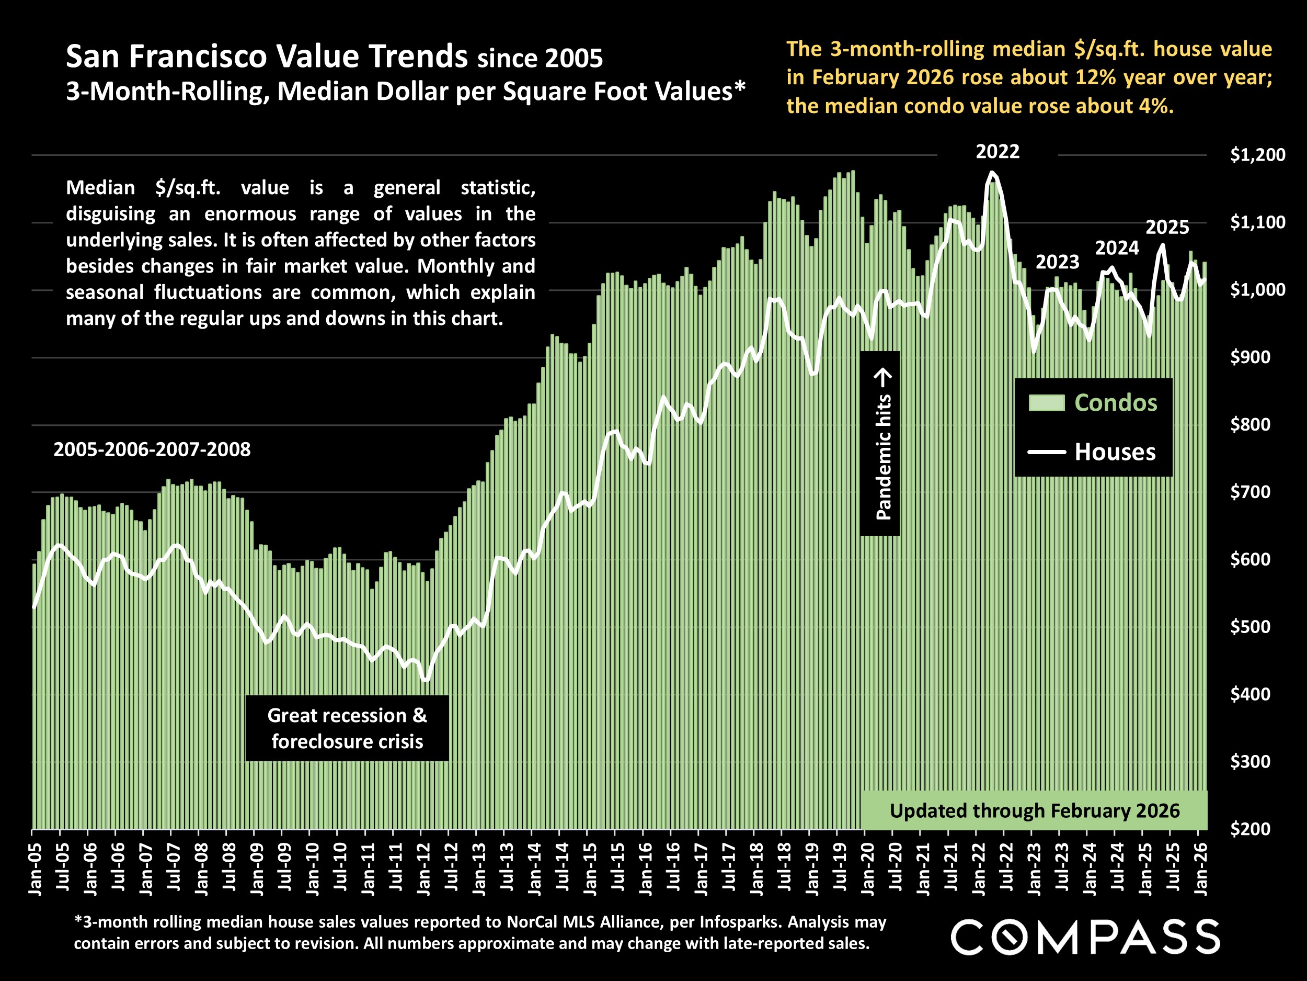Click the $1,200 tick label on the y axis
point(1257,155)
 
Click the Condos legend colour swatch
point(1047,403)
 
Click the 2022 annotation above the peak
point(998,152)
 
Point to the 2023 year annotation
point(1057,262)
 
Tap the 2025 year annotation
point(1167,228)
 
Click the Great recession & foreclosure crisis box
point(347,728)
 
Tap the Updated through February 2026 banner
point(1034,810)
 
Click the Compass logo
point(1085,937)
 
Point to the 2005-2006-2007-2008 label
point(152,449)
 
